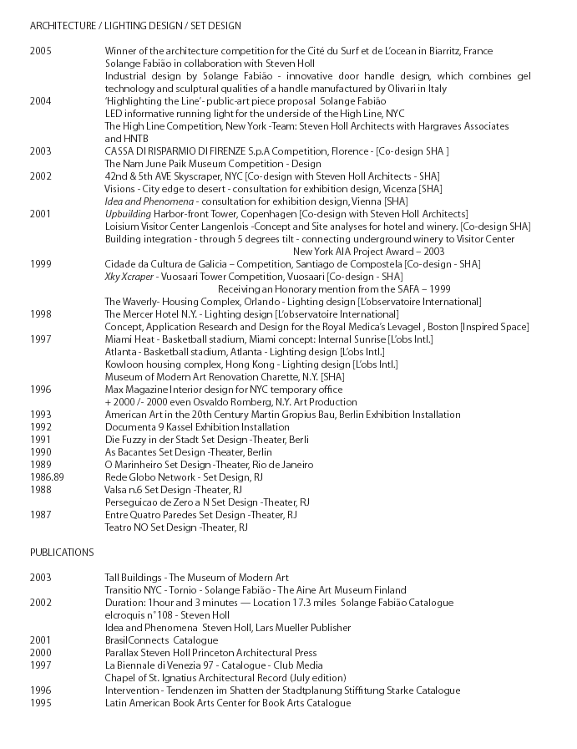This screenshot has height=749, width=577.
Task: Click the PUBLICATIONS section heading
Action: pos(62,553)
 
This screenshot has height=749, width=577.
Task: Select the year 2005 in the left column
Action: pos(41,51)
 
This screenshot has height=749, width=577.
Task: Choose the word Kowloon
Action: pos(125,364)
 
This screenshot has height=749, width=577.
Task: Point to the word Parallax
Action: pos(124,653)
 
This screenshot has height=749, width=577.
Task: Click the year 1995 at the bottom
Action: pos(41,703)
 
